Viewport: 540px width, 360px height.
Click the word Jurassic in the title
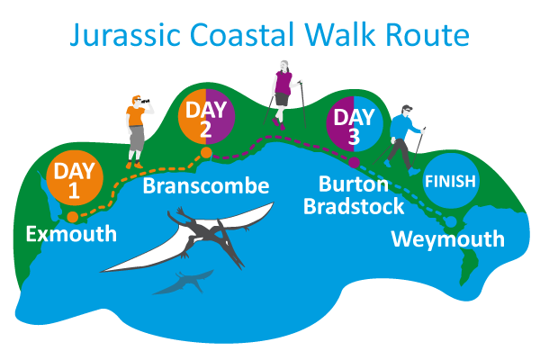pos(125,34)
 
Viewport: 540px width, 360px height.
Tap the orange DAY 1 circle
pos(75,178)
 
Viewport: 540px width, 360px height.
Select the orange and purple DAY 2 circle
pos(206,116)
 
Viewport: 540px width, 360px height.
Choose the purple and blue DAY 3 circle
pos(355,124)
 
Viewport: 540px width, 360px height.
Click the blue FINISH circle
pos(451,181)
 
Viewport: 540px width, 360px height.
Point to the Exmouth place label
pos(71,234)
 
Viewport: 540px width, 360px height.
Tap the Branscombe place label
pos(206,185)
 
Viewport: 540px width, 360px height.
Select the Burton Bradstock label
pos(354,195)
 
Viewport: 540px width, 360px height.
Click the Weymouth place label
pos(447,238)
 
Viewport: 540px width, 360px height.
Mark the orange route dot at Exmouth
pos(72,217)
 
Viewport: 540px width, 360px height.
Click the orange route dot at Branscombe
pos(206,153)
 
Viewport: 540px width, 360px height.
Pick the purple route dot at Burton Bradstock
pos(354,162)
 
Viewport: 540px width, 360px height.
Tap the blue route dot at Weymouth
pos(451,222)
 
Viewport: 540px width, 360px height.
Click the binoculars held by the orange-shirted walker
pos(145,101)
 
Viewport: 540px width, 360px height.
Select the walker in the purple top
pos(283,95)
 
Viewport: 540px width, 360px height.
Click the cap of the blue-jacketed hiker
pos(407,107)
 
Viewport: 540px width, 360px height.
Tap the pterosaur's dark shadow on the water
pos(184,282)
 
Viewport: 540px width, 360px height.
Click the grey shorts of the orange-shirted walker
pos(137,138)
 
